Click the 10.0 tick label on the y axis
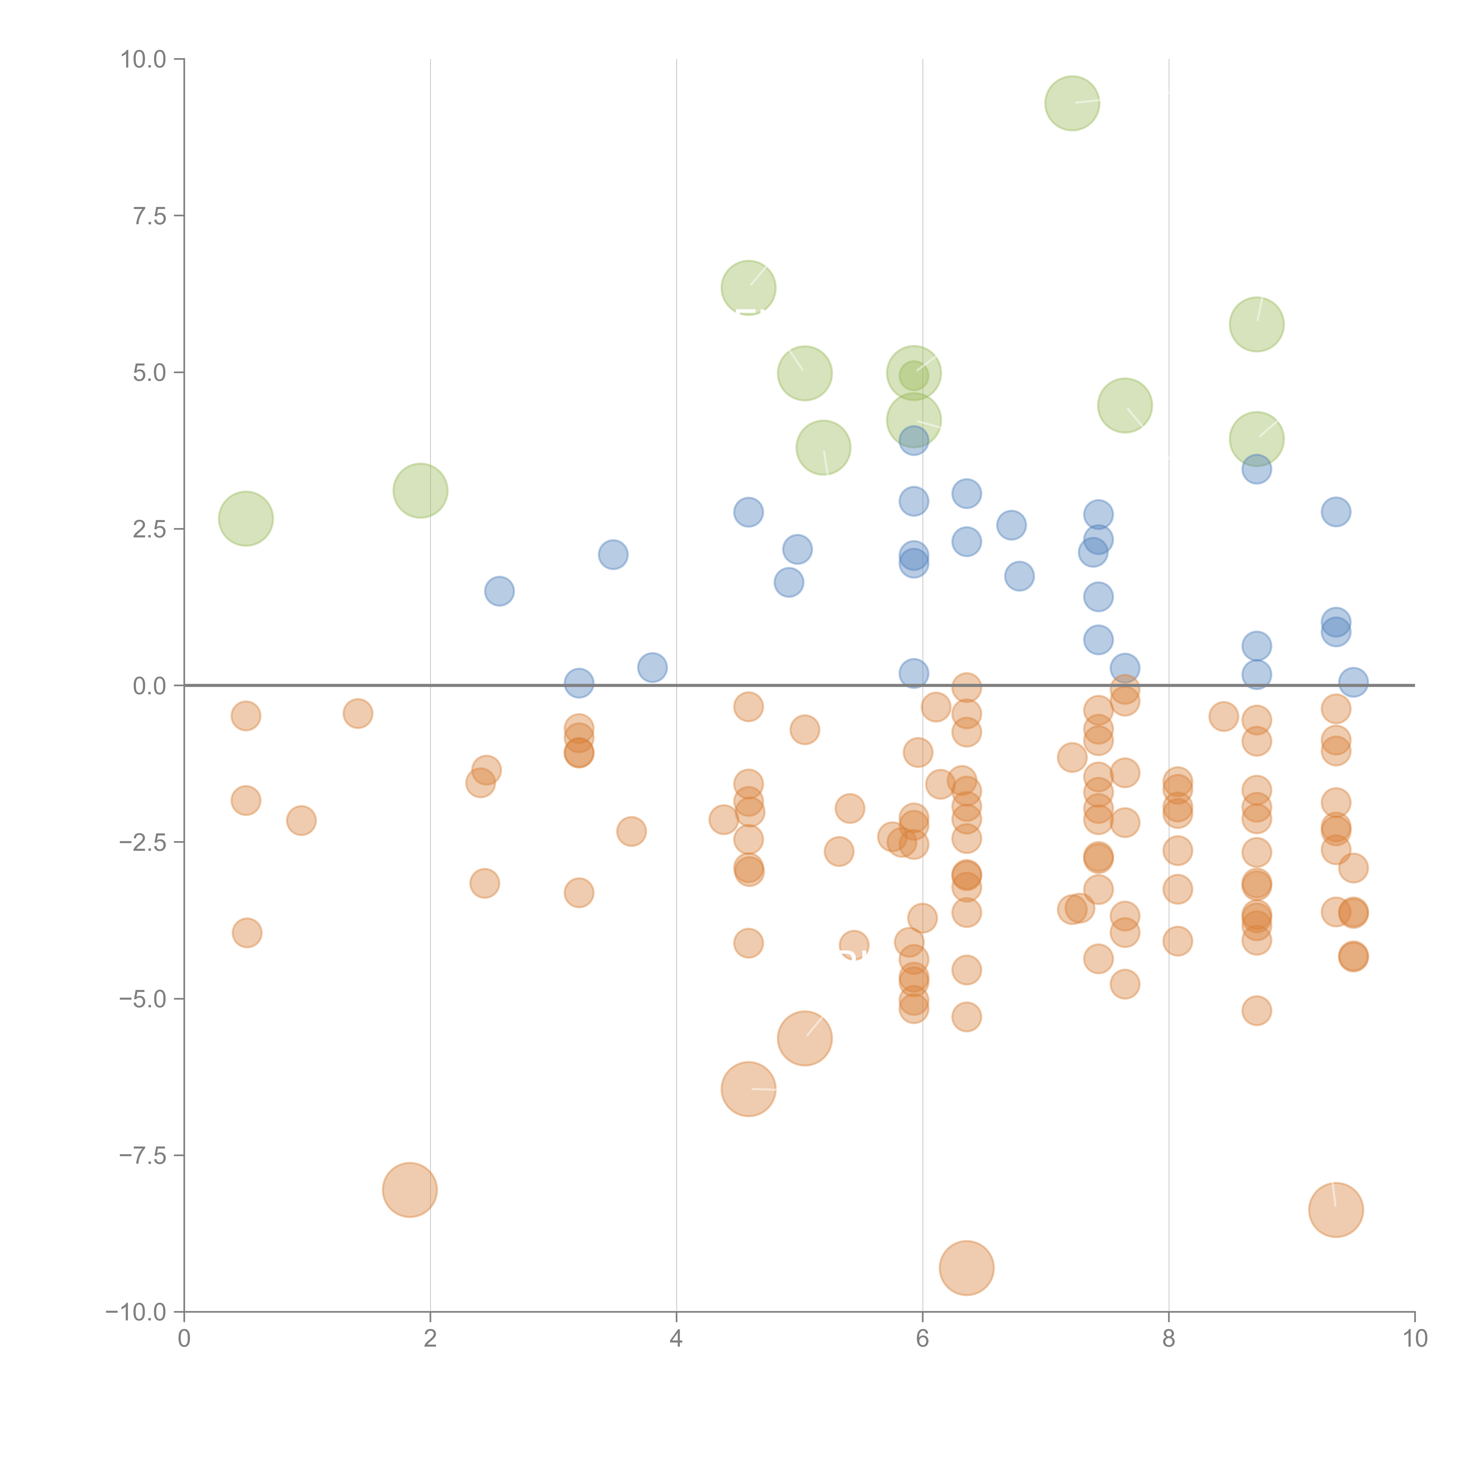click(144, 60)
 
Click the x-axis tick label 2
click(430, 1338)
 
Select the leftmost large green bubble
click(246, 519)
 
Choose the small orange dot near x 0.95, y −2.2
click(301, 820)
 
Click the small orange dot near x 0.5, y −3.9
click(246, 932)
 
